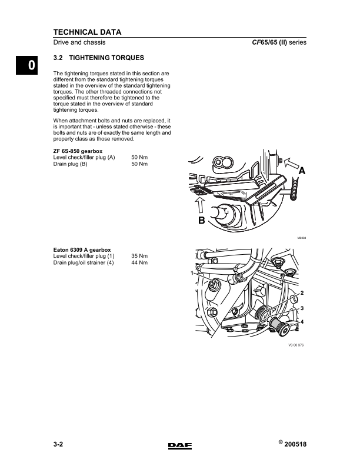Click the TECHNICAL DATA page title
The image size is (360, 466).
coord(87,32)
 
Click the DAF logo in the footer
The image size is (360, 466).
coord(180,446)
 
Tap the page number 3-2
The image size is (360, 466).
coord(58,444)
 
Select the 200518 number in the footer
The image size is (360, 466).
coord(295,444)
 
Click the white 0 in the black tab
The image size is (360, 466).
coord(31,65)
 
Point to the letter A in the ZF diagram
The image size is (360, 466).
coord(302,171)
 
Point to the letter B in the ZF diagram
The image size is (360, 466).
coord(201,221)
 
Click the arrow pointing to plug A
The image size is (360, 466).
coord(292,164)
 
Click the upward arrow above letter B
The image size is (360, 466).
coord(201,205)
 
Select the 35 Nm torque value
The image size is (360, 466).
coord(139,256)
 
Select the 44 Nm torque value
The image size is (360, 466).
coord(139,263)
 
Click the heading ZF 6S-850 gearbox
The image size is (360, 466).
coord(78,151)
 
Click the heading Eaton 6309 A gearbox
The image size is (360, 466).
coord(82,250)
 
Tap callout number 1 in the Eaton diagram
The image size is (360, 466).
coord(192,273)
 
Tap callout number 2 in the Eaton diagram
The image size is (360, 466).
coord(302,293)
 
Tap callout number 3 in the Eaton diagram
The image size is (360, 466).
coord(302,308)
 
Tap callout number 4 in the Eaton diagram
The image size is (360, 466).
coord(302,322)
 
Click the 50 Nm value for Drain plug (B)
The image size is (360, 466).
coord(139,164)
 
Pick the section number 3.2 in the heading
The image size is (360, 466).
coord(58,58)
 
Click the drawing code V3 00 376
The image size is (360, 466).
coord(296,345)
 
